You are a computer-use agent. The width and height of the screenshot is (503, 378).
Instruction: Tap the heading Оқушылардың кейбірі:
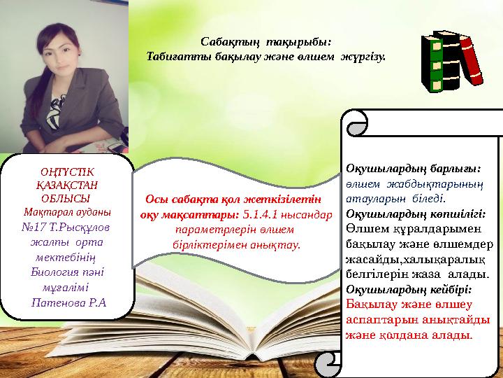pyautogui.click(x=409, y=288)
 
